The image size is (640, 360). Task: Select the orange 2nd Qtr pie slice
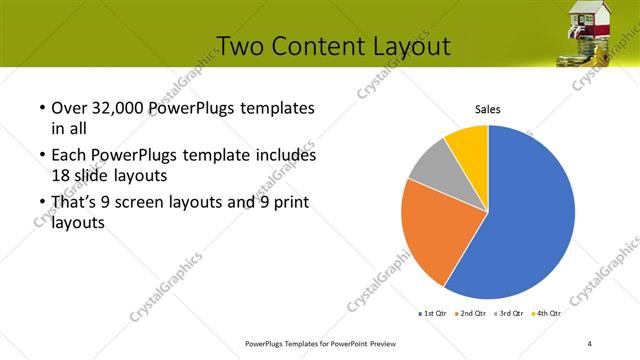[435, 235]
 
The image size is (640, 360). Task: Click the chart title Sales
[487, 110]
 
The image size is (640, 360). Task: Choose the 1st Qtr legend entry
[434, 314]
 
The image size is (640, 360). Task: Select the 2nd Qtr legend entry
[471, 314]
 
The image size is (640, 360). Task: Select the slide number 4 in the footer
[590, 344]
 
